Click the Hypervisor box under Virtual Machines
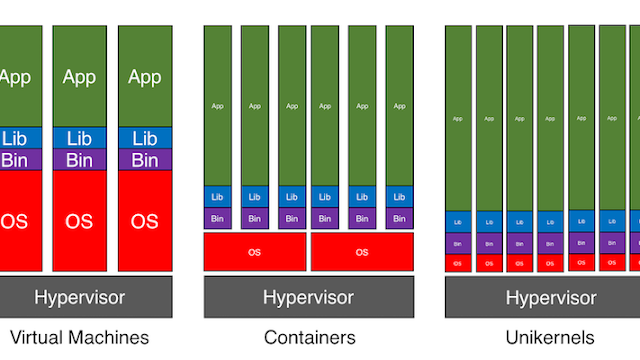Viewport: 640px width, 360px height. coord(80,297)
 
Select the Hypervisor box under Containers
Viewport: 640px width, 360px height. coord(308,297)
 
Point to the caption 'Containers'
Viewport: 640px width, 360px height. coord(308,337)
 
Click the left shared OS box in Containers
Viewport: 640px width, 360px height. coord(255,252)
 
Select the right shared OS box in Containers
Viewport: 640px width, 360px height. coord(362,252)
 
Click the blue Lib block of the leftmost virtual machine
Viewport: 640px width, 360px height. coord(14,139)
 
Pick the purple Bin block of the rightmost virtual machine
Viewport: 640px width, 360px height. coord(145,160)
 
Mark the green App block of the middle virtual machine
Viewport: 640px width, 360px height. coord(79,77)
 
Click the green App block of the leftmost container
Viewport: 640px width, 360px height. coord(218,105)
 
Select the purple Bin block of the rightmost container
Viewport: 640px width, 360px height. coord(399,218)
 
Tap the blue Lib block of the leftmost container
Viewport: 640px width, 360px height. coord(218,196)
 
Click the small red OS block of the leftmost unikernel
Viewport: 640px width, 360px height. coord(458,263)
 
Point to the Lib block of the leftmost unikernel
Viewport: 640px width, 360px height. coord(458,222)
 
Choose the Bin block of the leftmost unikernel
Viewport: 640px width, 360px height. coord(458,243)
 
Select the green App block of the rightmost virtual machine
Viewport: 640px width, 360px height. coord(145,77)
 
